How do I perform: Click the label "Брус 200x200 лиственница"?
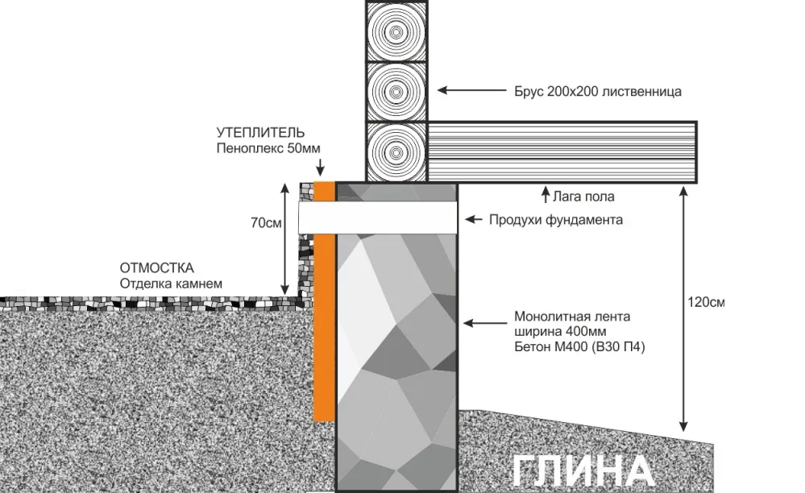(598, 92)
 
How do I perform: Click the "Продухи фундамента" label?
(556, 220)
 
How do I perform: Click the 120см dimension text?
(707, 303)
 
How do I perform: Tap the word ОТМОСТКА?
(157, 268)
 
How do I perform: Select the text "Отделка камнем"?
(170, 284)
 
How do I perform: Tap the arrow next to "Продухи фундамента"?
(475, 219)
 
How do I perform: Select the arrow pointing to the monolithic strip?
(484, 324)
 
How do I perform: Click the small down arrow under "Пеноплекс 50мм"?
(320, 168)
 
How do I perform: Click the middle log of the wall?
(396, 91)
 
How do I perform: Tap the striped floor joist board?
(561, 151)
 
